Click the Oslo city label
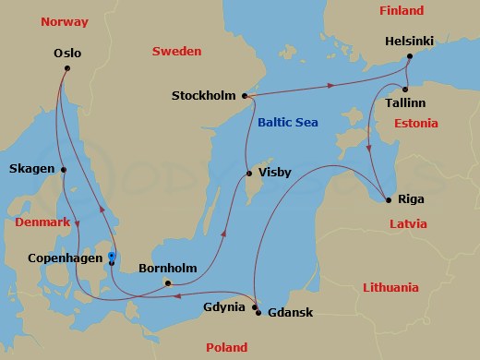pyautogui.click(x=67, y=53)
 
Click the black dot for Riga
pyautogui.click(x=386, y=198)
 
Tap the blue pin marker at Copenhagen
pyautogui.click(x=111, y=257)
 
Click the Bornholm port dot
pyautogui.click(x=167, y=283)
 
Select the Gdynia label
pyautogui.click(x=225, y=306)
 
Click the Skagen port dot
pyautogui.click(x=64, y=170)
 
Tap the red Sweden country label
pyautogui.click(x=176, y=52)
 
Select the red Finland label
pyautogui.click(x=402, y=11)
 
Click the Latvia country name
pyautogui.click(x=407, y=223)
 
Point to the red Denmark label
pyautogui.click(x=43, y=223)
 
